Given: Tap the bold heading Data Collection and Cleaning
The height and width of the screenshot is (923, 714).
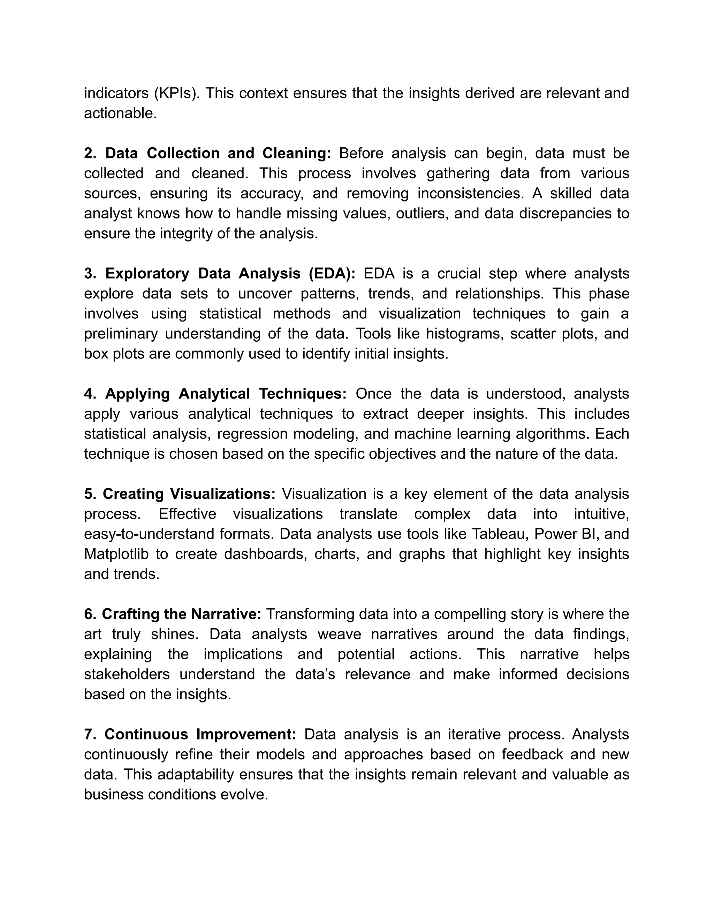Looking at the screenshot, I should point(218,153).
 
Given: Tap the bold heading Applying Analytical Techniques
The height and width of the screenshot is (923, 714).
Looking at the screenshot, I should point(226,394).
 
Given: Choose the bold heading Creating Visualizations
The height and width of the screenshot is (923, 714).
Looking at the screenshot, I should point(189,494).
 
